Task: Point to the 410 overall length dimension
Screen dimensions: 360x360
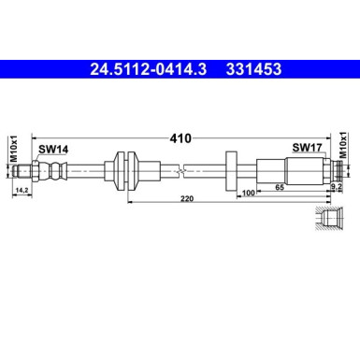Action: pyautogui.click(x=180, y=138)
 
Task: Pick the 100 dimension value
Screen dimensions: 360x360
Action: pyautogui.click(x=249, y=193)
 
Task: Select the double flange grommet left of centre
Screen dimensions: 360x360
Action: pyautogui.click(x=123, y=169)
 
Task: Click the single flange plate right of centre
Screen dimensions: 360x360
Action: pyautogui.click(x=231, y=169)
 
